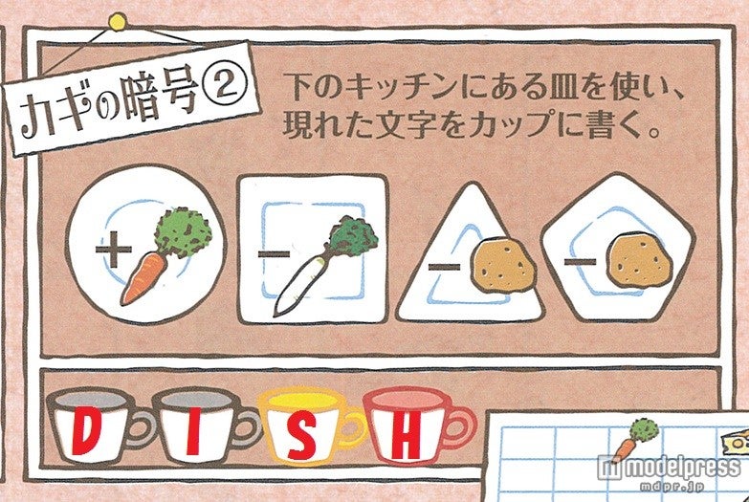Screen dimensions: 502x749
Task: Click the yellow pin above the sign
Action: tap(118, 19)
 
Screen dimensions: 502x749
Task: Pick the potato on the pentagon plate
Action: tap(633, 258)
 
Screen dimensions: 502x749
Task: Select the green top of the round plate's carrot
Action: tap(187, 227)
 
